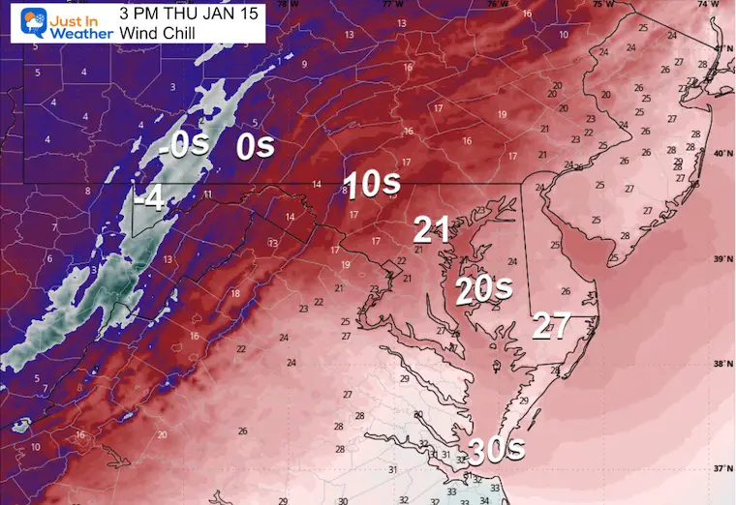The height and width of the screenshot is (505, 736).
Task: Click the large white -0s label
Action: [x=183, y=147]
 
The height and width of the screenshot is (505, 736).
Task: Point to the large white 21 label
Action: [x=432, y=229]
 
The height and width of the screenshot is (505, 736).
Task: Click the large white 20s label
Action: [x=484, y=288]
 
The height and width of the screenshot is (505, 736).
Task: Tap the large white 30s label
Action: [x=497, y=449]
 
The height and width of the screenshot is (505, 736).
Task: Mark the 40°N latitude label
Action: [x=721, y=154]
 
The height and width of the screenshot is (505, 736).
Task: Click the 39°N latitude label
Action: [x=721, y=259]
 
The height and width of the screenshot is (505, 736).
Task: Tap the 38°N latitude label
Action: [x=721, y=364]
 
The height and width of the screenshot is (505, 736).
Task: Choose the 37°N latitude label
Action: [x=721, y=468]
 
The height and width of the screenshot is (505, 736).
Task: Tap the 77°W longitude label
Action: [x=389, y=5]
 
